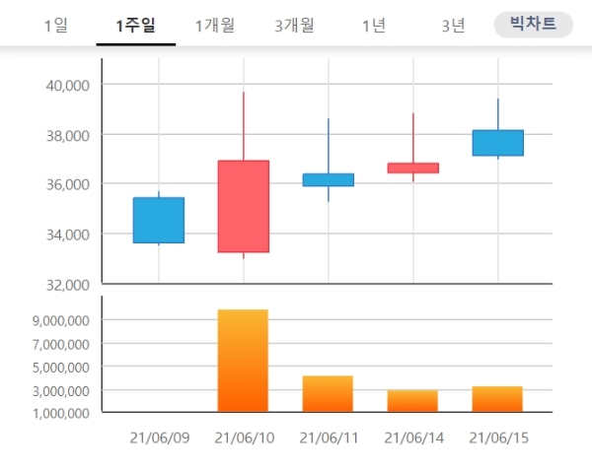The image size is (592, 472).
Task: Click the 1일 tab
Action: click(56, 26)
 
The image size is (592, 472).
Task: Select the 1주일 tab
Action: click(135, 26)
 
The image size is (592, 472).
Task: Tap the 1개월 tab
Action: click(215, 26)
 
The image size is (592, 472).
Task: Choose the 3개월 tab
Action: click(294, 26)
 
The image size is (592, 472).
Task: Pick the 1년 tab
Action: click(374, 26)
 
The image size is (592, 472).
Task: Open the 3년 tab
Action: click(453, 26)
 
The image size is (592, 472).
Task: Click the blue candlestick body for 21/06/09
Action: click(158, 220)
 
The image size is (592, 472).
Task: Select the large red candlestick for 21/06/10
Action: click(243, 206)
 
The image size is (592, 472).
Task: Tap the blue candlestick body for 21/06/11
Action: click(328, 179)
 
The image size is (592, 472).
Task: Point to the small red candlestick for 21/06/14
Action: click(412, 168)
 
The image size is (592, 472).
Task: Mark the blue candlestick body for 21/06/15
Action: click(497, 143)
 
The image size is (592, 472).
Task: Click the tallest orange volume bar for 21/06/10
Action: click(243, 360)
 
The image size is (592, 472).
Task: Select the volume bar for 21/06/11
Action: click(328, 393)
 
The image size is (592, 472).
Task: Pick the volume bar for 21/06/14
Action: click(412, 400)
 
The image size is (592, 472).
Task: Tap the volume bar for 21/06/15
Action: click(497, 398)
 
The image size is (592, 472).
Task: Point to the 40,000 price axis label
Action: click(68, 85)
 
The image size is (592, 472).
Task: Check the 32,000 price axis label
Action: click(68, 284)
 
